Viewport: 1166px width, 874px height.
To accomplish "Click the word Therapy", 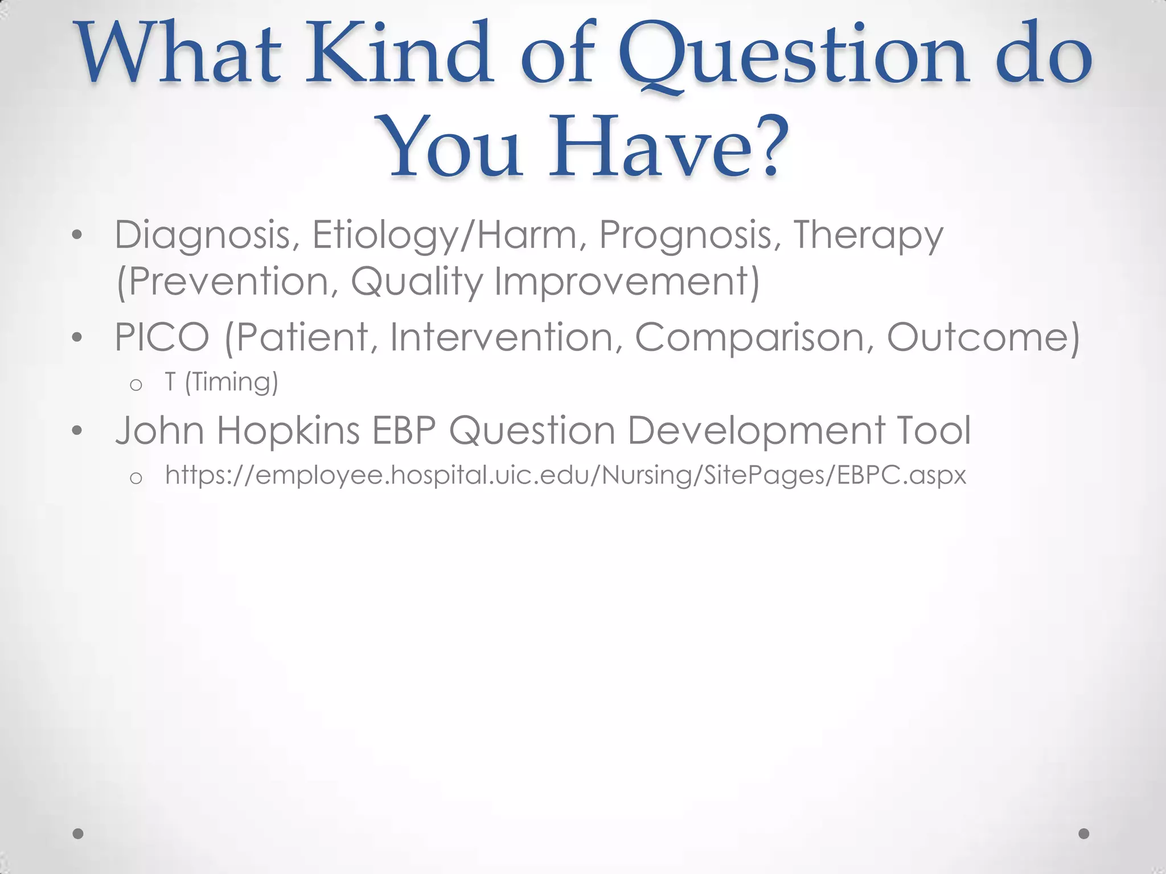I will (x=868, y=235).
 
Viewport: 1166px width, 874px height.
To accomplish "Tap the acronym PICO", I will (x=162, y=337).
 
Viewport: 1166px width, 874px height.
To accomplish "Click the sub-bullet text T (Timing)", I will (x=221, y=382).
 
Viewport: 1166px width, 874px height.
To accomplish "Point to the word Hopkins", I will (x=288, y=430).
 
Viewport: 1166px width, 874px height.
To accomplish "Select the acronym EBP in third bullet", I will (x=404, y=430).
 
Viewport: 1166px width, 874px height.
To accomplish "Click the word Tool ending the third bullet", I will (x=934, y=430).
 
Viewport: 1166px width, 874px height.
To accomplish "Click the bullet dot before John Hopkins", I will (x=78, y=431).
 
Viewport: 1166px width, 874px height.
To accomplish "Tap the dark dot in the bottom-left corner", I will (x=79, y=833).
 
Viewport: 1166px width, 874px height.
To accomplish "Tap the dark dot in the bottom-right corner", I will (x=1084, y=833).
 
